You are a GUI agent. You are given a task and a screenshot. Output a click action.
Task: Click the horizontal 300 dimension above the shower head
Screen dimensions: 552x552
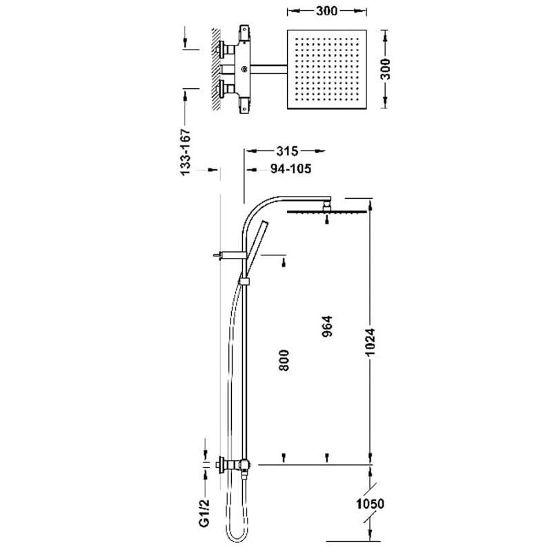point(326,11)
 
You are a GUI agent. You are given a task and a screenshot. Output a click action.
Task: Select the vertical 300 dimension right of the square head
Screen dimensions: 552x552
point(386,69)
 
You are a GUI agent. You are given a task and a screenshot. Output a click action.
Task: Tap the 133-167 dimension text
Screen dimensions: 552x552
point(185,152)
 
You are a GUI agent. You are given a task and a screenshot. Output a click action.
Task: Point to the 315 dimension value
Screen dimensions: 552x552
point(287,151)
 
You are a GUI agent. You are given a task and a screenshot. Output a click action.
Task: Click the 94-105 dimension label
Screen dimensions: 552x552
point(290,169)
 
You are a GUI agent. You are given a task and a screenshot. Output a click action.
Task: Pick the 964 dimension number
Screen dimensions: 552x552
point(327,326)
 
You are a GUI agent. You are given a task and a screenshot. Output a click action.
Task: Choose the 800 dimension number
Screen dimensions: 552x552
point(284,360)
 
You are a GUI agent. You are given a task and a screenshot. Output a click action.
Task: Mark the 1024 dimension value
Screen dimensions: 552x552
point(370,342)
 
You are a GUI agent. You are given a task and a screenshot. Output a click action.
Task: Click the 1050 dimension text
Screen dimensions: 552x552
point(370,504)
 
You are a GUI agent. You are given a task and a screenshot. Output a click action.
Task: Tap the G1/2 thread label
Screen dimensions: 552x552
point(204,513)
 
